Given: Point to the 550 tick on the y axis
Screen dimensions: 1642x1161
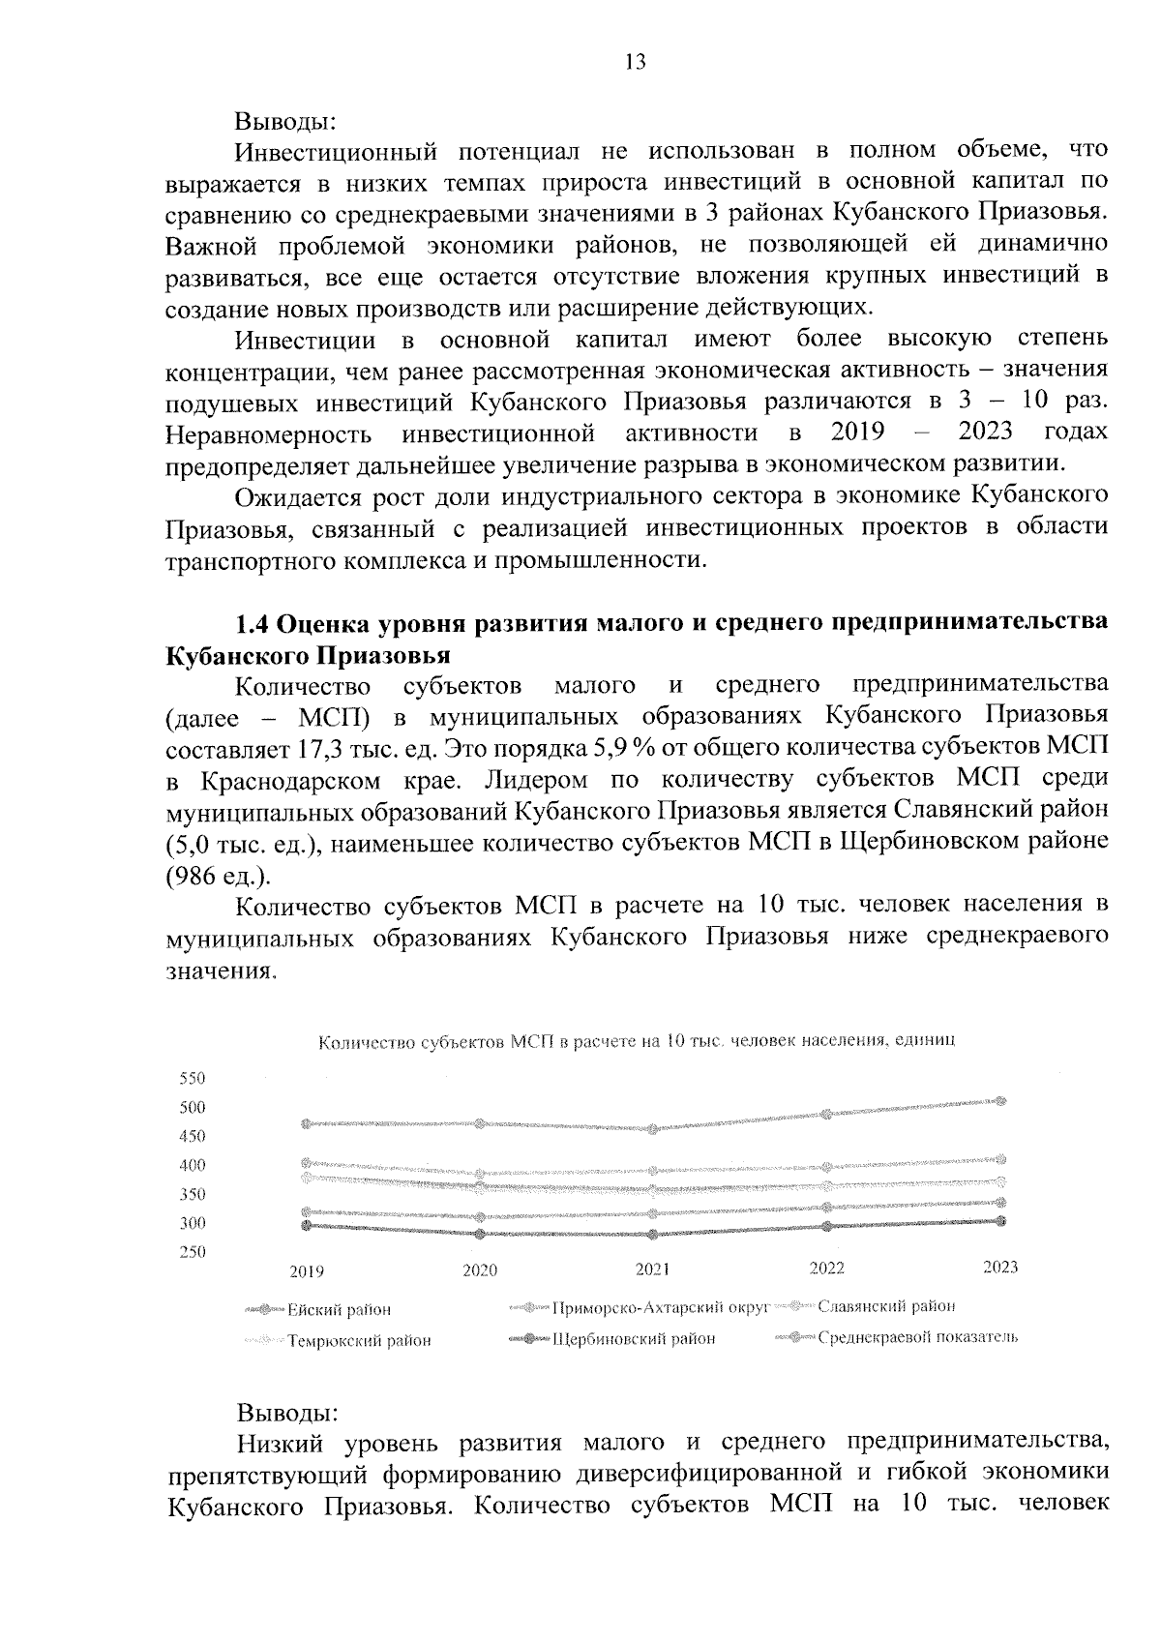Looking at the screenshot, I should click(x=193, y=1078).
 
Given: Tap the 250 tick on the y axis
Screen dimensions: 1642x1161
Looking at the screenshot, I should click(x=193, y=1252).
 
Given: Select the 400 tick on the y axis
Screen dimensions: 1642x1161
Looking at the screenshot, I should click(x=193, y=1165).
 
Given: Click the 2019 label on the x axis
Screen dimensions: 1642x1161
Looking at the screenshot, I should click(x=307, y=1271).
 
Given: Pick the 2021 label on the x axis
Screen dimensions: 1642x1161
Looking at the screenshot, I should click(x=652, y=1269).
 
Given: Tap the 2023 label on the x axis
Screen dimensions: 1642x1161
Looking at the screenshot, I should click(x=1000, y=1267).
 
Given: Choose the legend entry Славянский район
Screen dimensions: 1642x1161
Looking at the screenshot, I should click(x=886, y=1306).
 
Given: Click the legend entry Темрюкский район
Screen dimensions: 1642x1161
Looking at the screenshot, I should click(x=358, y=1341).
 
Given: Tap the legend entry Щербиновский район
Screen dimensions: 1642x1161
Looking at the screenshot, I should click(x=634, y=1339).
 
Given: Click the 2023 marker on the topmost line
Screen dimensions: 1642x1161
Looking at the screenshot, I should click(x=1001, y=1100).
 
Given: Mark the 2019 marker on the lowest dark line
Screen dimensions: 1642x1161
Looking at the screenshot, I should click(x=307, y=1225).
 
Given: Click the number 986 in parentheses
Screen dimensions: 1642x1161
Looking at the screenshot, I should click(x=193, y=876).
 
